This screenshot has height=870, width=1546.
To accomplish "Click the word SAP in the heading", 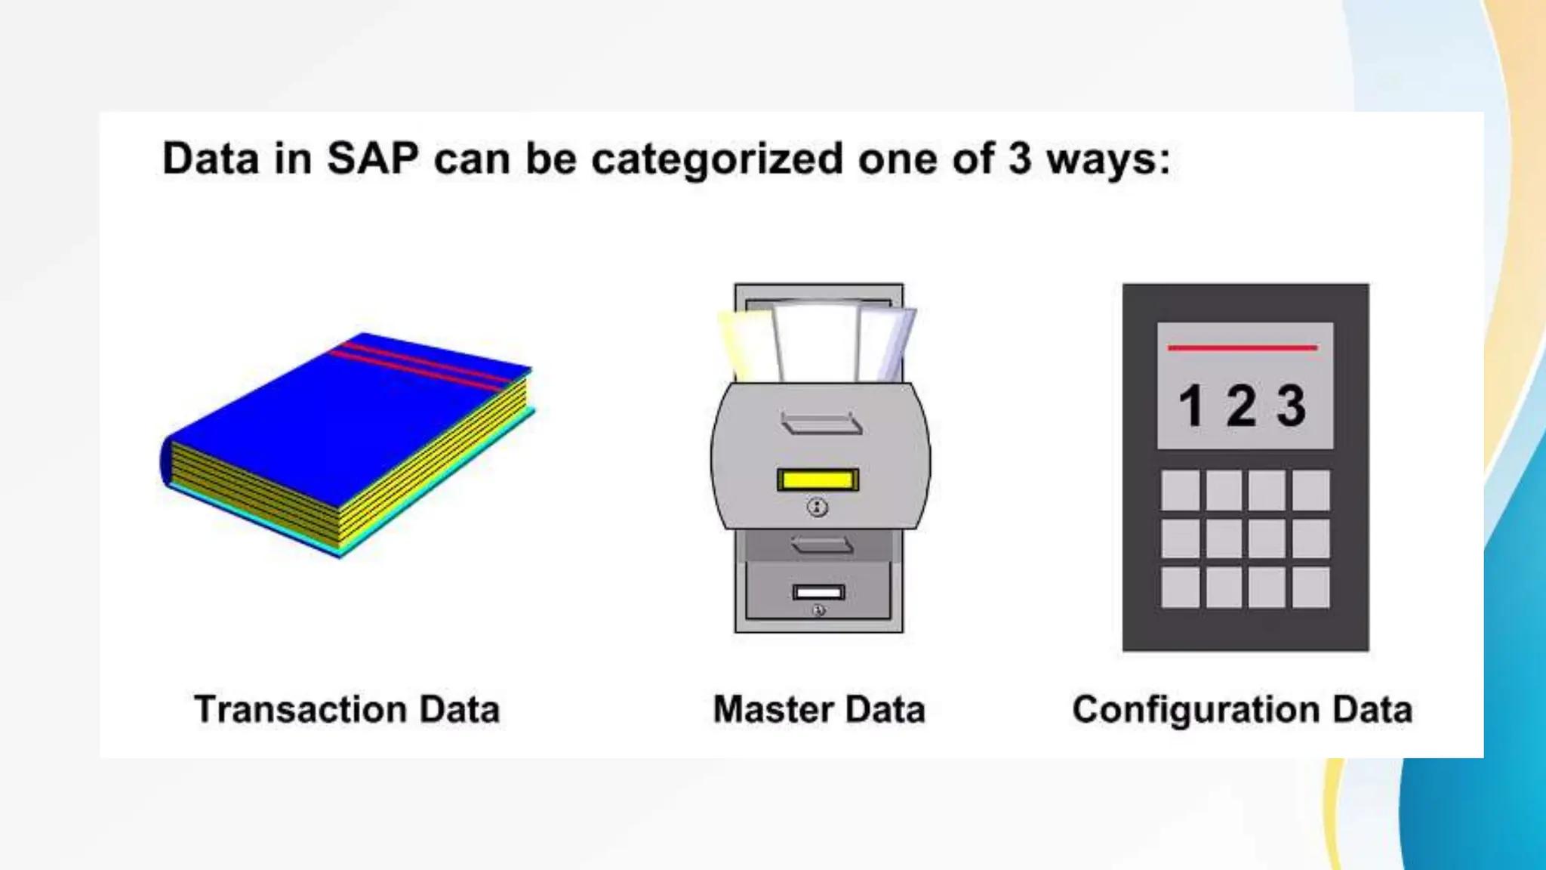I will (x=372, y=159).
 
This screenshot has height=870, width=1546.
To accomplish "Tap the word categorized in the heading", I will (x=716, y=160).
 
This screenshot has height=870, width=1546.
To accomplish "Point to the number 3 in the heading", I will (x=1019, y=159).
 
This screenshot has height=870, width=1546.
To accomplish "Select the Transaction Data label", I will (x=346, y=710).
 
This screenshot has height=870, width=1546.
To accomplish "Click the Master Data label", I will (x=819, y=710).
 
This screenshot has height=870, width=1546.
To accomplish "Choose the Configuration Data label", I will (x=1242, y=710).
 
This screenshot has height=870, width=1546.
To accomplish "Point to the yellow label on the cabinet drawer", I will (x=818, y=480).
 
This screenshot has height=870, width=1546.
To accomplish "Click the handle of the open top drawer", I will (x=821, y=424).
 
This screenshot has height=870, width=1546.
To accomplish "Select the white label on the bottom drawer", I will (x=818, y=592).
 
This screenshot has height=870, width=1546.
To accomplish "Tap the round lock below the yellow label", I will (x=818, y=507).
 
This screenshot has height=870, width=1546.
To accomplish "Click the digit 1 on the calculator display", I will (x=1191, y=406).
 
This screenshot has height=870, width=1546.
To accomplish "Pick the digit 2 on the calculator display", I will (x=1242, y=406).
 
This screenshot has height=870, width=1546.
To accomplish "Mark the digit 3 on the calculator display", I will (x=1291, y=406).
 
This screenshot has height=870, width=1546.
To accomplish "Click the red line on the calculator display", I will (x=1243, y=347).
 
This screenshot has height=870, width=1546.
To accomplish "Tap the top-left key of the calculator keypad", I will (x=1180, y=490).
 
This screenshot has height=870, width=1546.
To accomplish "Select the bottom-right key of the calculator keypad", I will (x=1310, y=588).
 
